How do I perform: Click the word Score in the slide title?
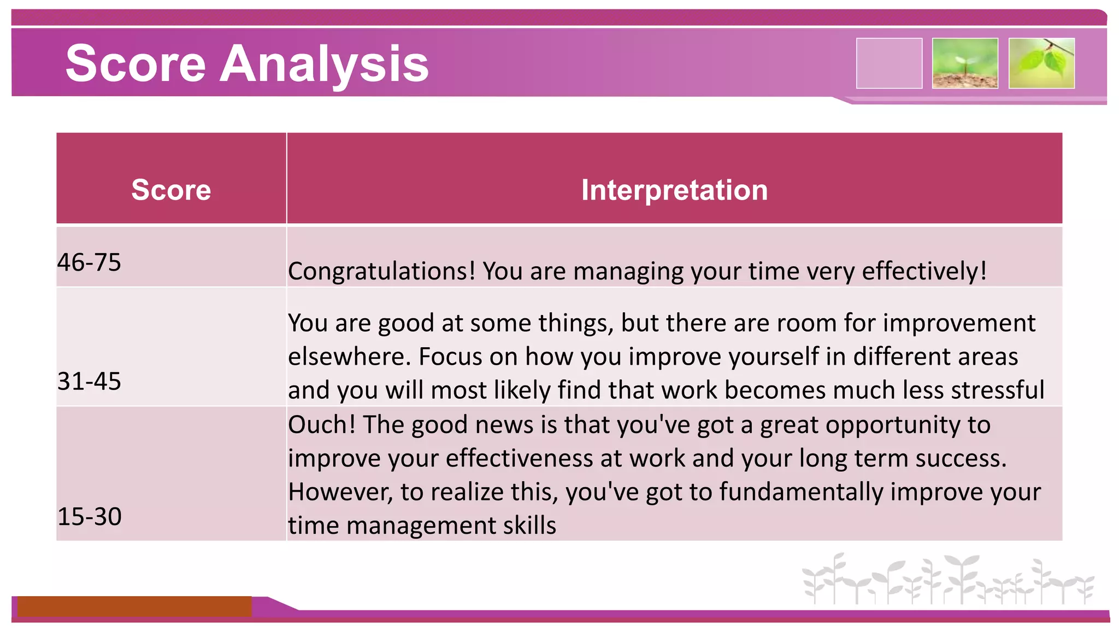click(x=136, y=64)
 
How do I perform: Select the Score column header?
click(x=171, y=190)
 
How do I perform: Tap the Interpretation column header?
click(x=674, y=190)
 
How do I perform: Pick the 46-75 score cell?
click(x=89, y=262)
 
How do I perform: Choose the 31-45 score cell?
click(x=89, y=381)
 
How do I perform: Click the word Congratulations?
click(x=382, y=271)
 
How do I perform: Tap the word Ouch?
click(x=321, y=425)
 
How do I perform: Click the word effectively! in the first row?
click(x=924, y=271)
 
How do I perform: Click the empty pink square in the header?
click(x=889, y=63)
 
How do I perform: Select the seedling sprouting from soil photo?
click(x=965, y=63)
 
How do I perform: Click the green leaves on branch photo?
click(x=1041, y=63)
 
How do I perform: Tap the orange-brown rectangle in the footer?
click(x=134, y=606)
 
